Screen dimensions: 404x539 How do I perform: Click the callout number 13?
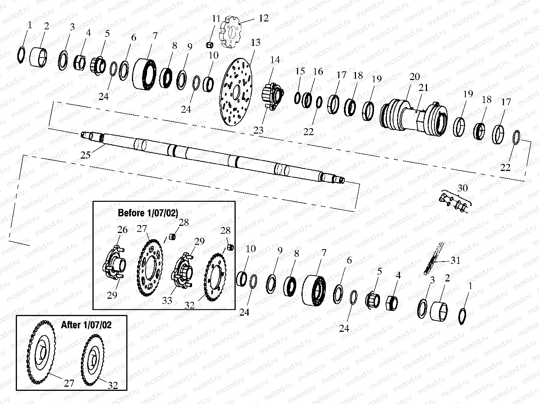pyautogui.click(x=255, y=42)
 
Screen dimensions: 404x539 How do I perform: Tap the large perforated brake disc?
pyautogui.click(x=236, y=92)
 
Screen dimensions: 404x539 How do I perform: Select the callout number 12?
pyautogui.click(x=263, y=18)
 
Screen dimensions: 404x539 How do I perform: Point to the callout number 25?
pyautogui.click(x=86, y=154)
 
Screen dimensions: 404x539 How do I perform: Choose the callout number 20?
pyautogui.click(x=415, y=77)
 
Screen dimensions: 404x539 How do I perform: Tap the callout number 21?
pyautogui.click(x=424, y=88)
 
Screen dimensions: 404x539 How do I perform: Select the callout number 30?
pyautogui.click(x=462, y=188)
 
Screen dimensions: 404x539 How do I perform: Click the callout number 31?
pyautogui.click(x=455, y=260)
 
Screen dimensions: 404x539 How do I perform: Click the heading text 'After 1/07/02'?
pyautogui.click(x=86, y=325)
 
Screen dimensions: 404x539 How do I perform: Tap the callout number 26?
pyautogui.click(x=123, y=229)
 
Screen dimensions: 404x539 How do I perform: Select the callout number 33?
pyautogui.click(x=167, y=300)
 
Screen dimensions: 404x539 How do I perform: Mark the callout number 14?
pyautogui.click(x=275, y=60)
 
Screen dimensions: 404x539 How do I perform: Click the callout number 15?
pyautogui.click(x=300, y=71)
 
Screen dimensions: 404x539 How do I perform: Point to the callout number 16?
pyautogui.click(x=318, y=71)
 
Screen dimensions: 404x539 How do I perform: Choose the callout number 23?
pyautogui.click(x=258, y=130)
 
